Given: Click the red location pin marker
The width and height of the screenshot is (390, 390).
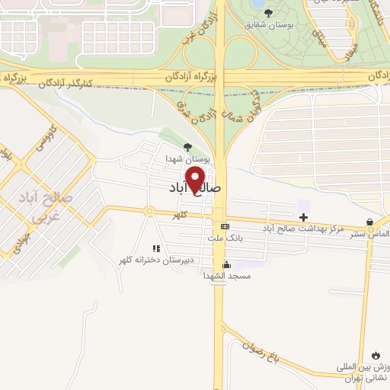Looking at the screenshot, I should pyautogui.click(x=197, y=178).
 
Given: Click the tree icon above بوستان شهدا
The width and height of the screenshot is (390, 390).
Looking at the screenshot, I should pyautogui.click(x=188, y=147).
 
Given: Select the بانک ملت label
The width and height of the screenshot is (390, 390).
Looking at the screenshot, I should pyautogui.click(x=225, y=238).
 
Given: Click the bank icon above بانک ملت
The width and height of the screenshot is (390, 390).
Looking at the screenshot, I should pyautogui.click(x=225, y=227).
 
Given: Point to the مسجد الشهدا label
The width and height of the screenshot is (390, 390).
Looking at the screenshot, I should pyautogui.click(x=226, y=276).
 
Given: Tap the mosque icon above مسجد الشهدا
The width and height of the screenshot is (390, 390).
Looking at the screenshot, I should pyautogui.click(x=226, y=264).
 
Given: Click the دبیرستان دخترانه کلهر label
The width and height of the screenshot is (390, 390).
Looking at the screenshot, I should pyautogui.click(x=155, y=260).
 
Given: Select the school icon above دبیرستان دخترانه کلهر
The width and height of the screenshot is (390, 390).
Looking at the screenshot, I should pyautogui.click(x=155, y=248).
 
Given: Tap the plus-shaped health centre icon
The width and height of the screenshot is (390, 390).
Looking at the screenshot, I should pyautogui.click(x=303, y=218).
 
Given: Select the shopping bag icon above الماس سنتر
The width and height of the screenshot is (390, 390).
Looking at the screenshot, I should pyautogui.click(x=370, y=223).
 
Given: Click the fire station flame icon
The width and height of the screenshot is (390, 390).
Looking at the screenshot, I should pyautogui.click(x=376, y=355).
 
